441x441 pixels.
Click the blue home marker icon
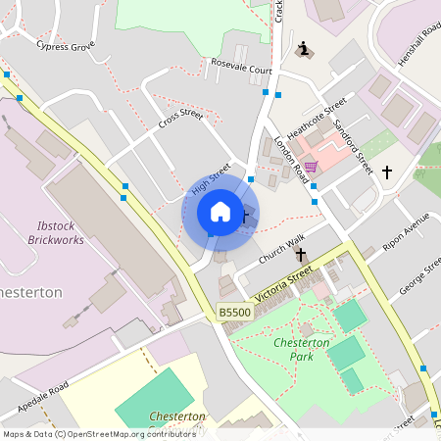[220, 212]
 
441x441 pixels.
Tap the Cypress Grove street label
[66, 46]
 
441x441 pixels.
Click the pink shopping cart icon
[311, 167]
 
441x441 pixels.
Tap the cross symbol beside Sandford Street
[386, 172]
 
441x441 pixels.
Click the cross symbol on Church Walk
[301, 254]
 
